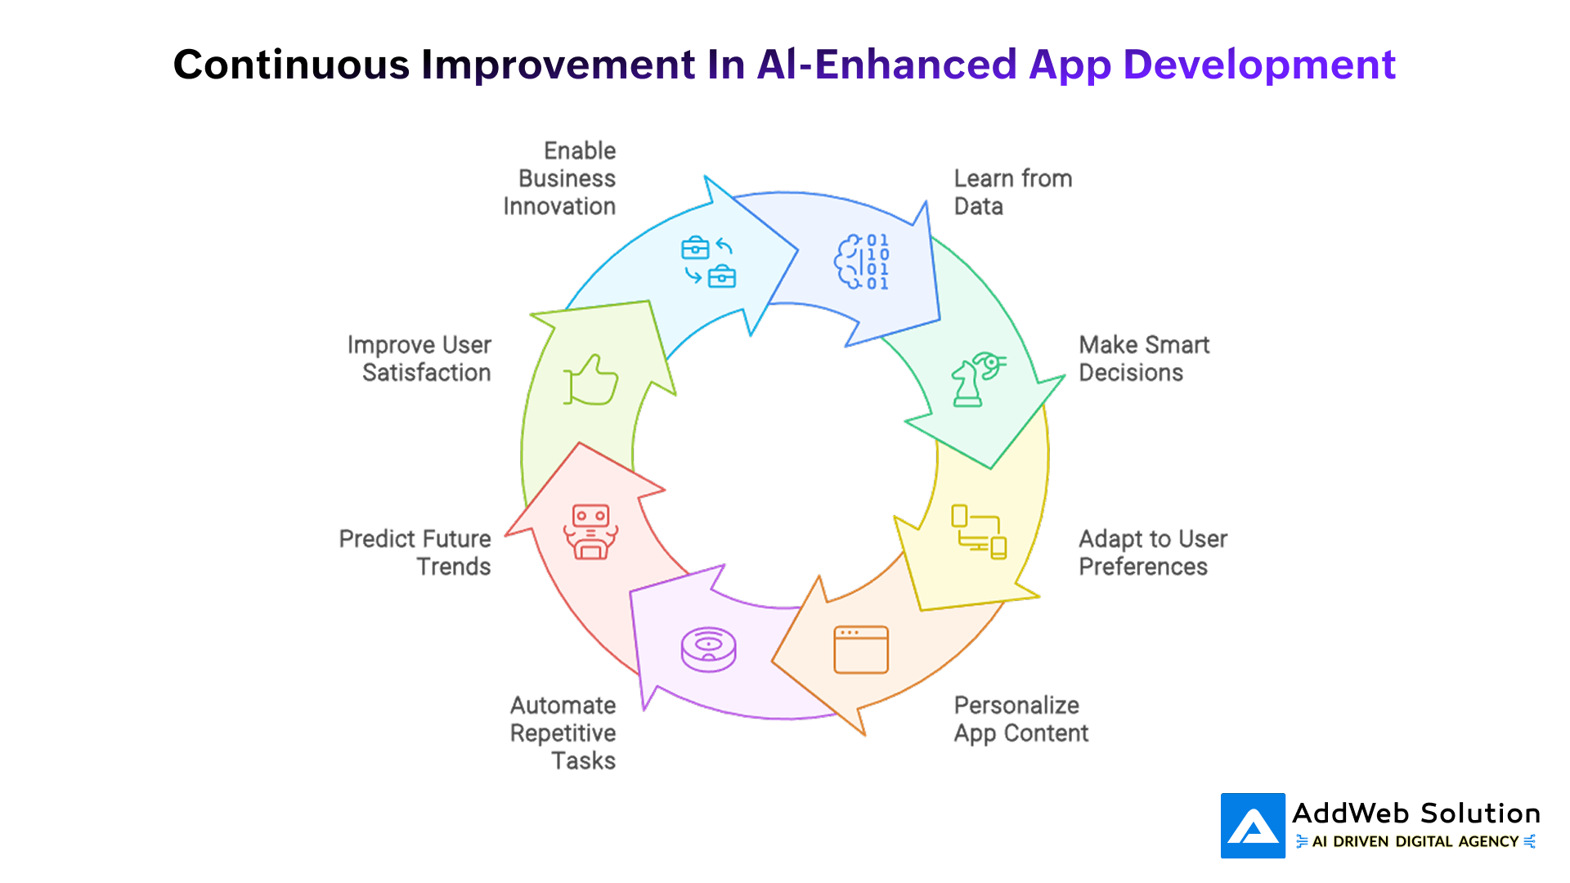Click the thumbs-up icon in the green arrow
click(x=590, y=380)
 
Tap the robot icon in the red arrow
click(x=590, y=531)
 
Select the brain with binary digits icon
click(x=861, y=262)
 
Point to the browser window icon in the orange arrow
click(x=861, y=650)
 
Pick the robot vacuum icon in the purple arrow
click(x=708, y=650)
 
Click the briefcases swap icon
click(x=708, y=262)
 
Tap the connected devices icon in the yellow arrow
click(x=978, y=531)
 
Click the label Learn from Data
click(x=1012, y=192)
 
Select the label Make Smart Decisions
click(x=1143, y=358)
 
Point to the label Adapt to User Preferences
click(x=1152, y=553)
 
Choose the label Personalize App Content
click(x=1020, y=719)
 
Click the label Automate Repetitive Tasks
click(x=563, y=733)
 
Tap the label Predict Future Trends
click(x=415, y=553)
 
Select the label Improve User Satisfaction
click(x=419, y=358)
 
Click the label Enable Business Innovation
click(x=561, y=178)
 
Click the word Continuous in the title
click(x=291, y=65)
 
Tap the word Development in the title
click(x=1259, y=65)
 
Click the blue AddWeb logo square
click(x=1253, y=826)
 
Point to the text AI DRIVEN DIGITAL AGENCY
click(x=1415, y=841)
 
